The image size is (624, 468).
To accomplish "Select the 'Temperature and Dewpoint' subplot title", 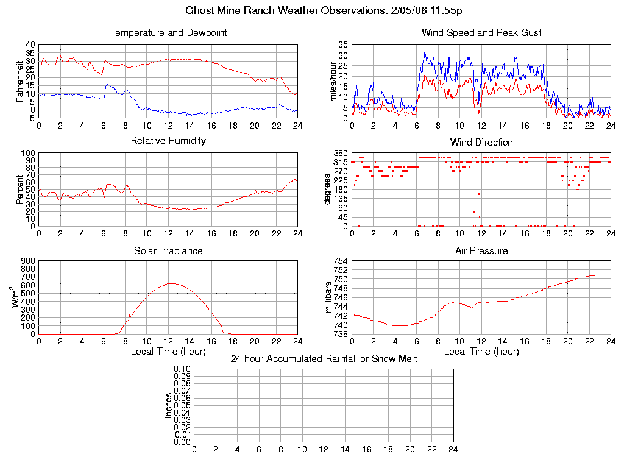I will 168,33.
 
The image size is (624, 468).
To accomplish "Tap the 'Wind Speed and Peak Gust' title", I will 481,33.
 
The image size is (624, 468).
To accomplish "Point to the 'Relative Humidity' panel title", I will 168,141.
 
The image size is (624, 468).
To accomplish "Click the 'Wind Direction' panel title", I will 481,143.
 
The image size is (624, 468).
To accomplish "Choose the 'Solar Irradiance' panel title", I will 168,250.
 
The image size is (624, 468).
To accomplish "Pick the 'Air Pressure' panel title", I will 481,250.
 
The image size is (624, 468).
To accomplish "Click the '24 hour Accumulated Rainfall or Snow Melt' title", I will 324,359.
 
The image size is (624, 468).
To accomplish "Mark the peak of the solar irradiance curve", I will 171,283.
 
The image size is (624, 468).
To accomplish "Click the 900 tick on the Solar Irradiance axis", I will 29,261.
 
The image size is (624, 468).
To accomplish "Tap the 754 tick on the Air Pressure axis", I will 340,261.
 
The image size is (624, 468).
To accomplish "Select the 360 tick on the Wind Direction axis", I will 340,153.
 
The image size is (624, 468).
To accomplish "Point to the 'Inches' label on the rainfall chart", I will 169,405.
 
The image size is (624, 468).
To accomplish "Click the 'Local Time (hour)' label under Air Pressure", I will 481,352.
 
